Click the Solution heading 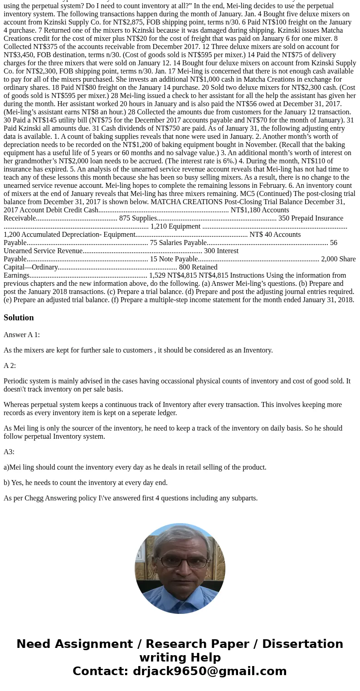click(19, 318)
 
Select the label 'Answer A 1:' click(22, 335)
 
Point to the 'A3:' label click(9, 452)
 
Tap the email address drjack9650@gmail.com click(209, 671)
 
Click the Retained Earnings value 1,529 click(157, 275)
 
